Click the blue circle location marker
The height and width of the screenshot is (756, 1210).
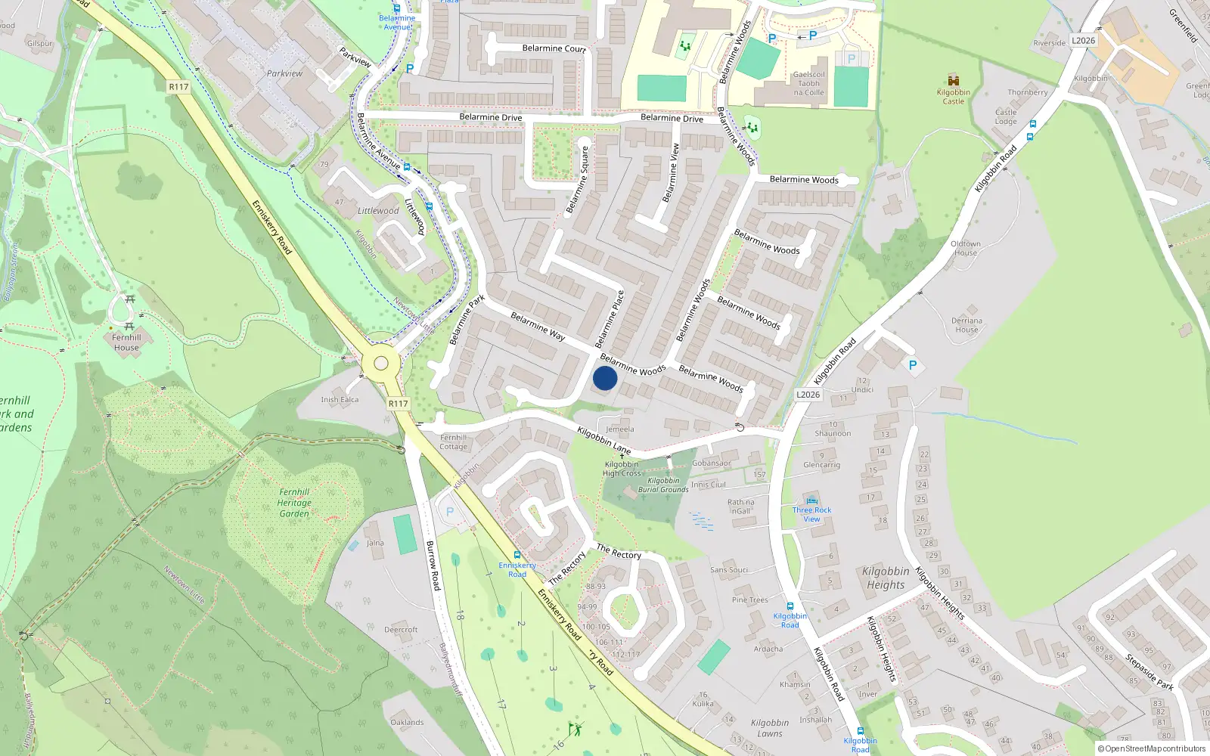coord(605,378)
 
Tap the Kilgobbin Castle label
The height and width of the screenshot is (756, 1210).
coord(953,97)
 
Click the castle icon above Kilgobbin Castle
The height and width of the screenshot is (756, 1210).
coord(953,80)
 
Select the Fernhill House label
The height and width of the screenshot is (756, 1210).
coord(126,342)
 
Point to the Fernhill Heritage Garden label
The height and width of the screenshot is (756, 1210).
coord(294,503)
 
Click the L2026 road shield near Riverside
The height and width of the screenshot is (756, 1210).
coord(1083,40)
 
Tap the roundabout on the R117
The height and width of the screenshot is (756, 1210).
coord(380,364)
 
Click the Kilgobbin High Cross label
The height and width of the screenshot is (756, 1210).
coord(621,469)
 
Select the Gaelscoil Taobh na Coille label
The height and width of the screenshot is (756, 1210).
coord(808,84)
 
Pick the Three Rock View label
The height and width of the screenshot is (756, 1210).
coord(811,514)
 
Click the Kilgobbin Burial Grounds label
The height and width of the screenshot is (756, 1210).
coord(663,485)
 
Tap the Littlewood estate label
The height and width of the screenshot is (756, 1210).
coord(378,211)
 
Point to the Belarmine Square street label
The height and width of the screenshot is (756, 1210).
coord(576,180)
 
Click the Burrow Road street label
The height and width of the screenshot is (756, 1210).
coord(433,565)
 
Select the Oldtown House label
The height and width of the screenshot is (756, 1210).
coord(965,248)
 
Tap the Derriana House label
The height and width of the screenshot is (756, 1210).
coord(966,325)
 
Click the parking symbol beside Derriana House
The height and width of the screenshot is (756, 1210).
coord(913,365)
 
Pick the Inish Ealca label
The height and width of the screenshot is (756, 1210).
coord(340,400)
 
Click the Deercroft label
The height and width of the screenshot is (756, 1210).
coord(401,630)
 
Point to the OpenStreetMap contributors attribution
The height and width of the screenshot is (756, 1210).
coord(1152,749)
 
